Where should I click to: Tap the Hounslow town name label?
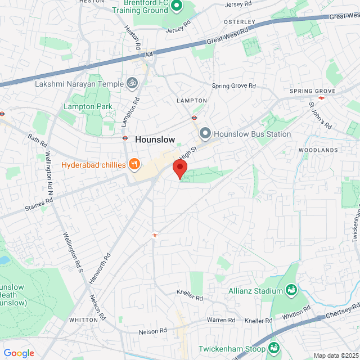[x=155, y=139]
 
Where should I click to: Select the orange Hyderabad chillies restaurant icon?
[x=134, y=164]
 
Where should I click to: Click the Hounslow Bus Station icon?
[x=205, y=134]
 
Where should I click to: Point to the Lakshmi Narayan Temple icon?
[x=132, y=84]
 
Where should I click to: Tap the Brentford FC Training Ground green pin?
[x=177, y=7]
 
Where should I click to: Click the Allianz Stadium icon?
[x=291, y=290]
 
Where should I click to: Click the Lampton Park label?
[x=88, y=106]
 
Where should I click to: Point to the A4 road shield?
[x=148, y=55]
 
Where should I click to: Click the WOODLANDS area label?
[x=318, y=150]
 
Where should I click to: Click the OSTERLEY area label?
[x=240, y=22]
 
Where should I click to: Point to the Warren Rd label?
[x=220, y=320]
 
